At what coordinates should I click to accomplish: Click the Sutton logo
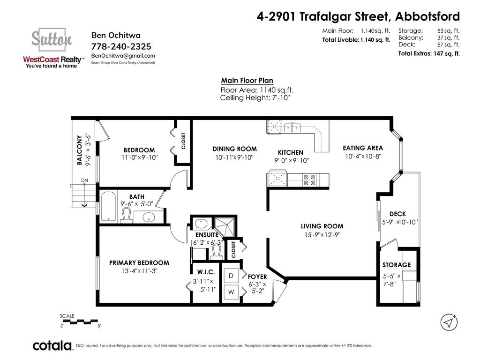click(x=52, y=48)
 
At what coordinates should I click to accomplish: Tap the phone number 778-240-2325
click(x=121, y=46)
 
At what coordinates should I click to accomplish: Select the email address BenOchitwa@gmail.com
click(x=123, y=56)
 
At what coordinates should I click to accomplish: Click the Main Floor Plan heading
click(x=247, y=81)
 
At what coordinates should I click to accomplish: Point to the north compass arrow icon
click(x=449, y=322)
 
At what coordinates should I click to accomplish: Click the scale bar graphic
click(x=81, y=322)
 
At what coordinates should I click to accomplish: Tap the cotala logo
click(x=52, y=345)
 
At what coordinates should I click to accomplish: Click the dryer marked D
click(x=231, y=276)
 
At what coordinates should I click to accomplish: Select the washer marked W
click(x=231, y=292)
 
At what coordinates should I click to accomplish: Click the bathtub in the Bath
click(x=109, y=206)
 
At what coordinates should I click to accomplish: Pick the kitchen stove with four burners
click(x=309, y=180)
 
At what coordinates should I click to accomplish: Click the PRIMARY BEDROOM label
click(x=139, y=262)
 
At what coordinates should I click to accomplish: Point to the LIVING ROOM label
click(x=322, y=226)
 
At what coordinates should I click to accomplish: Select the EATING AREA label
click(x=363, y=148)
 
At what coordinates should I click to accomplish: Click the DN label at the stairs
click(x=84, y=180)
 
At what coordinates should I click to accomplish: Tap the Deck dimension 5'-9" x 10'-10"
click(x=400, y=222)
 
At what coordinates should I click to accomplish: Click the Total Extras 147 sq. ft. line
click(x=429, y=53)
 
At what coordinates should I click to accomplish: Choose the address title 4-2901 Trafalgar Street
click(x=323, y=16)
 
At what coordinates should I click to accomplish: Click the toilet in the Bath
click(x=126, y=215)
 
